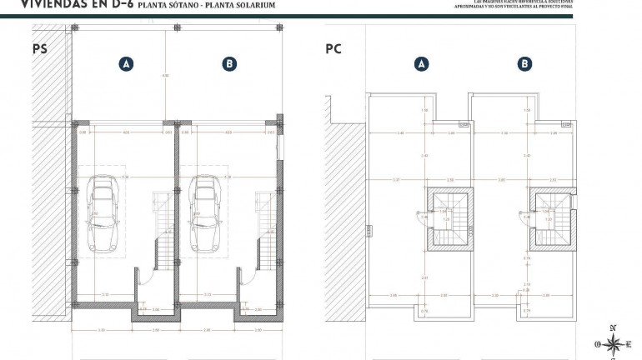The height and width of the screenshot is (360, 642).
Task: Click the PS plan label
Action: tap(39, 49)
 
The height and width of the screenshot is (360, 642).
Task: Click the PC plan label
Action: tap(334, 49)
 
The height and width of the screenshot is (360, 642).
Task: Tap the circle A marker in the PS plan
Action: tap(126, 63)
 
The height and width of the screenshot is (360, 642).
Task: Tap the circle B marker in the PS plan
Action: tap(229, 63)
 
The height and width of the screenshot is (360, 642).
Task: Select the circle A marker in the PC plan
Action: tap(421, 63)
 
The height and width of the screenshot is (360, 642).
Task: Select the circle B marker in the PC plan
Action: tap(524, 63)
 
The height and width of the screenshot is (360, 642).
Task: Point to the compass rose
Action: tap(614, 343)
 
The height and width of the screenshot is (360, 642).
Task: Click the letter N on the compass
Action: tap(614, 327)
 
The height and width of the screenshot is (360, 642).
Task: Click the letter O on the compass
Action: tap(597, 343)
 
